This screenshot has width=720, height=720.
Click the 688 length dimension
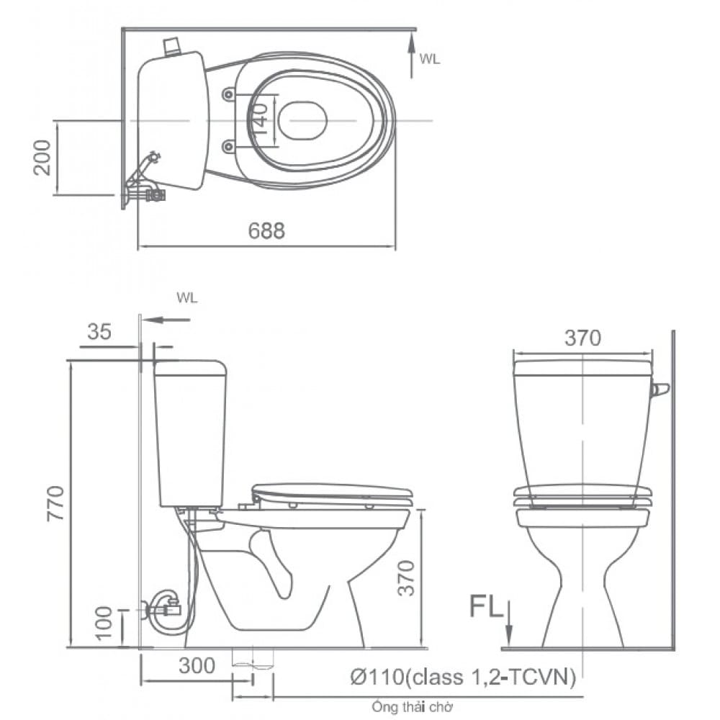[266, 230]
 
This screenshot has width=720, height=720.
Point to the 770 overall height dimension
[57, 503]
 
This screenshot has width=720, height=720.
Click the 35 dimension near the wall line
[99, 332]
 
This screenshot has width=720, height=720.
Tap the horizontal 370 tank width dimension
[582, 338]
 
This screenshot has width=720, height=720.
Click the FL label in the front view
[486, 606]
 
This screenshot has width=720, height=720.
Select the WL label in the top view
[430, 60]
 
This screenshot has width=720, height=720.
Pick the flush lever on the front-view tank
[660, 390]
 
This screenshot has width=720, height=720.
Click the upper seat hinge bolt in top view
[228, 94]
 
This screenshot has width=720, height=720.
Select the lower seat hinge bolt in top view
[228, 146]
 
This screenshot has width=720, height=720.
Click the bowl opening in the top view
[302, 120]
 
